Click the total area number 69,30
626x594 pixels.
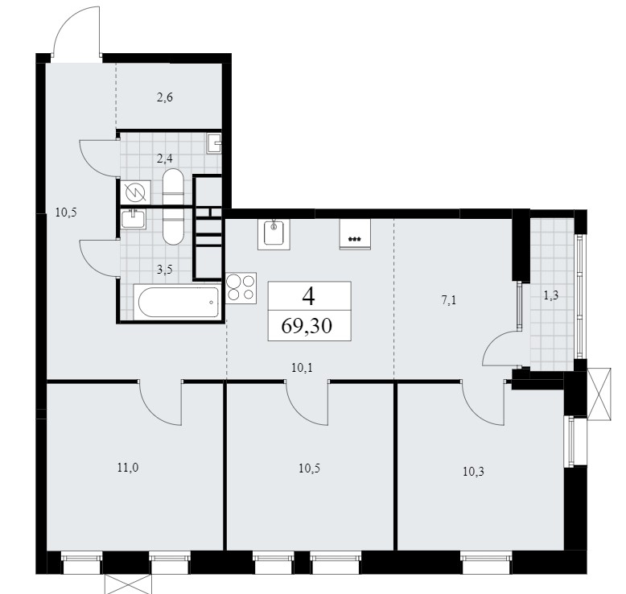pyautogui.click(x=307, y=326)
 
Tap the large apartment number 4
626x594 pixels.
pyautogui.click(x=309, y=296)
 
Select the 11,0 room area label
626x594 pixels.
pyautogui.click(x=128, y=467)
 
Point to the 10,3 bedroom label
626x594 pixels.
pyautogui.click(x=473, y=472)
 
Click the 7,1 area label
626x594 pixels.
pyautogui.click(x=449, y=300)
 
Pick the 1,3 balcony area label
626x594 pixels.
pyautogui.click(x=551, y=295)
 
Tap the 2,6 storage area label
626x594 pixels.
pyautogui.click(x=164, y=97)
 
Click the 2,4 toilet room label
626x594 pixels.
pyautogui.click(x=164, y=159)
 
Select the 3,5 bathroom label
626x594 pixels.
pyautogui.click(x=164, y=270)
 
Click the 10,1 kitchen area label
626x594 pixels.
pyautogui.click(x=302, y=368)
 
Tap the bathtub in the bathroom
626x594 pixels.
pyautogui.click(x=177, y=302)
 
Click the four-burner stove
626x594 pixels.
pyautogui.click(x=241, y=288)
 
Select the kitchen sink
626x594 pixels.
pyautogui.click(x=274, y=234)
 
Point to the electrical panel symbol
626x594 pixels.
pyautogui.click(x=136, y=192)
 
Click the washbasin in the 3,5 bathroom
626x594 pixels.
pyautogui.click(x=134, y=219)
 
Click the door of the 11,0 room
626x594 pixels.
pyautogui.click(x=160, y=402)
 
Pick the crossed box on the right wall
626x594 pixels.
pyautogui.click(x=599, y=394)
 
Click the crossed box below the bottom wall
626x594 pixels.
pyautogui.click(x=129, y=584)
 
